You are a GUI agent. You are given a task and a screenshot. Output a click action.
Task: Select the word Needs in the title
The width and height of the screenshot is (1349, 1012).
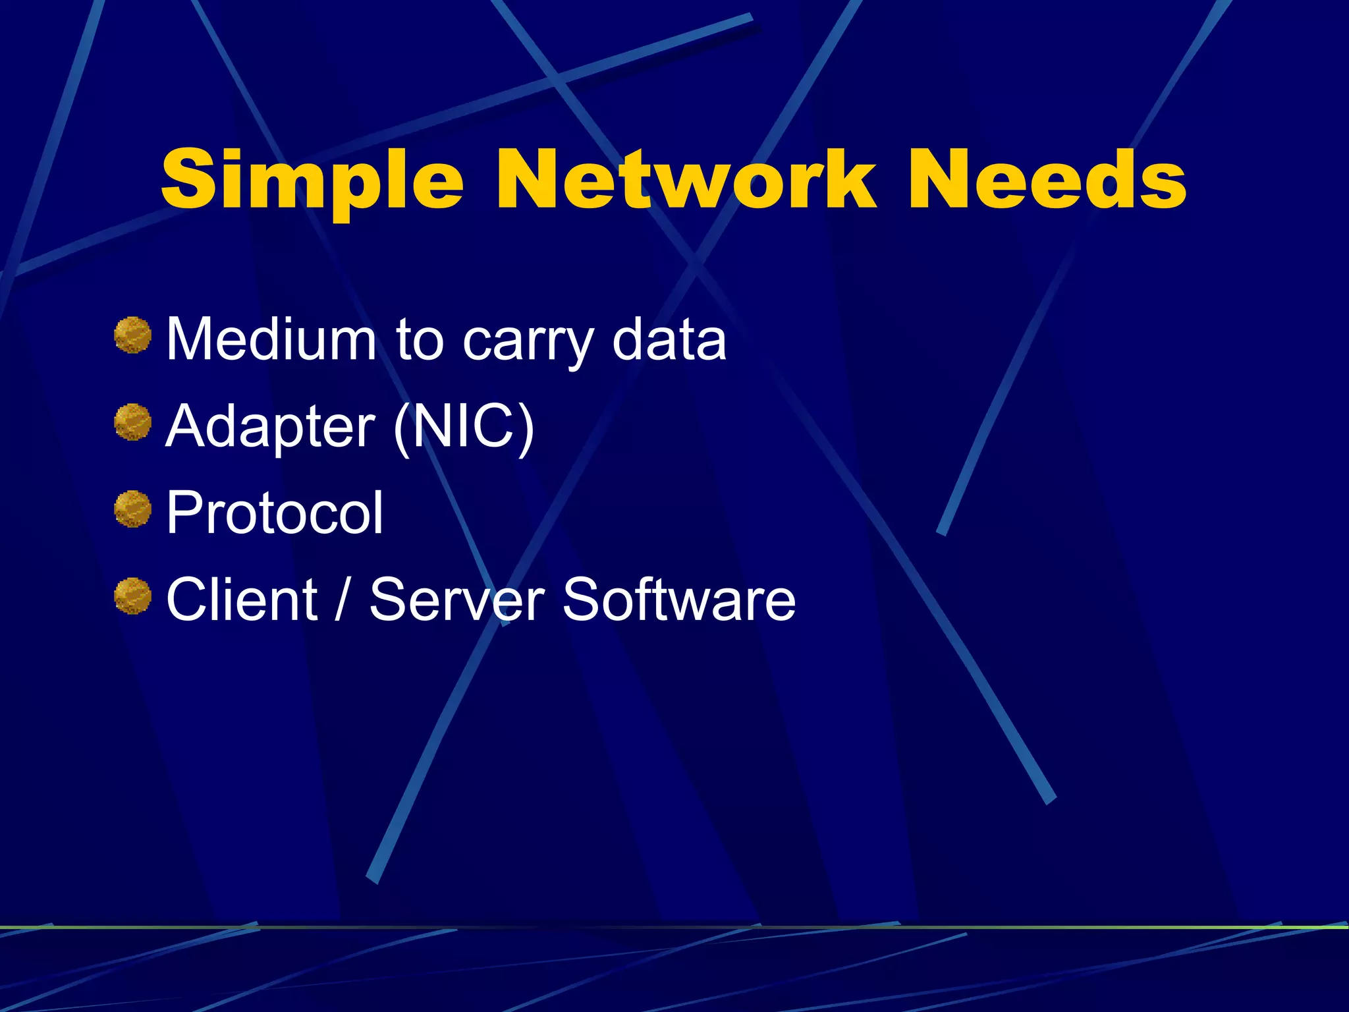pos(1047,179)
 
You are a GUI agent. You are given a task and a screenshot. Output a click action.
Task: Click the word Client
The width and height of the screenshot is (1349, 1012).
pos(242,599)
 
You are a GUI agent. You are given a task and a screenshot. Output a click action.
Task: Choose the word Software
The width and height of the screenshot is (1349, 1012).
pos(679,599)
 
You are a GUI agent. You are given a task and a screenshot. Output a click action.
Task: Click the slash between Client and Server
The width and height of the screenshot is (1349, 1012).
pos(341,599)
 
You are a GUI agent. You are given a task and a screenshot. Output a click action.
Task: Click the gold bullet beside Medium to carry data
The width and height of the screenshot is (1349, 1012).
pos(132,335)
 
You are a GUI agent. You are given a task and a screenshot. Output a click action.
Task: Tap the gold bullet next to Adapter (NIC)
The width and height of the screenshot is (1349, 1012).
pos(132,422)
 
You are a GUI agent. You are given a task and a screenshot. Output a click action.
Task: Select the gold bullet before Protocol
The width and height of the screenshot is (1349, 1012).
pos(132,509)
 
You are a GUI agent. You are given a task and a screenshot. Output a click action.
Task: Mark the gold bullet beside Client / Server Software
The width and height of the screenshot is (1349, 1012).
pos(132,596)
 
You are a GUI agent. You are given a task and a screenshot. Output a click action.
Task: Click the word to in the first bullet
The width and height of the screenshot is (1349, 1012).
pos(420,340)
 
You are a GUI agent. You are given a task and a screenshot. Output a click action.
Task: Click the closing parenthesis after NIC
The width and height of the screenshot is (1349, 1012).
pos(524,428)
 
